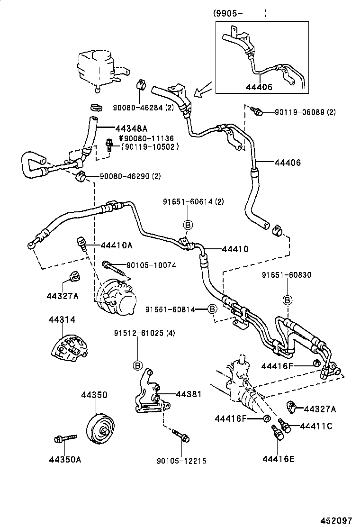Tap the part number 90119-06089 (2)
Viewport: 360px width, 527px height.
306,112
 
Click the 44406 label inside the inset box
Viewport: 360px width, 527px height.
259,86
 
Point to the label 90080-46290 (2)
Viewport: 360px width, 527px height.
130,176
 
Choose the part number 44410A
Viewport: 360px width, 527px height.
116,245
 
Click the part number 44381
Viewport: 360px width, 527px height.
189,394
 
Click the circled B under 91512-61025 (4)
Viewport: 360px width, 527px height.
138,365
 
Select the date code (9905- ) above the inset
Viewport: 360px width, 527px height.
239,14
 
